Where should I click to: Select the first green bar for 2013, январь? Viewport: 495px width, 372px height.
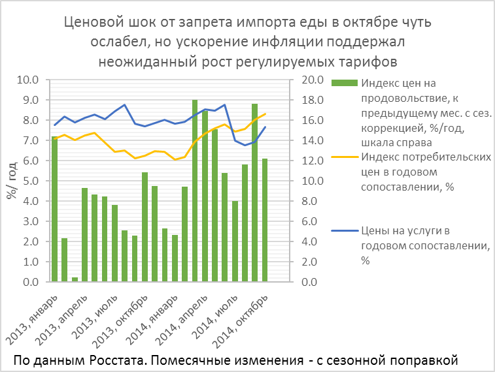pyautogui.click(x=54, y=209)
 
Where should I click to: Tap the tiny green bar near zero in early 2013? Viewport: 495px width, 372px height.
pyautogui.click(x=75, y=279)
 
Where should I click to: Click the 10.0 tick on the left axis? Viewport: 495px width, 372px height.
pyautogui.click(x=31, y=80)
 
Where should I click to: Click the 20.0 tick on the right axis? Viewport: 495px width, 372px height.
pyautogui.click(x=308, y=80)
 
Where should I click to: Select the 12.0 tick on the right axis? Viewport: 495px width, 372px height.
pyautogui.click(x=308, y=161)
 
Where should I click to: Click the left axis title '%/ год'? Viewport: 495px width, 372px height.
pyautogui.click(x=12, y=181)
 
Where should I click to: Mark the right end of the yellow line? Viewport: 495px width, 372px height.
pyautogui.click(x=265, y=114)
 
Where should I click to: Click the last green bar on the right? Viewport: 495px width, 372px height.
pyautogui.click(x=265, y=220)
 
